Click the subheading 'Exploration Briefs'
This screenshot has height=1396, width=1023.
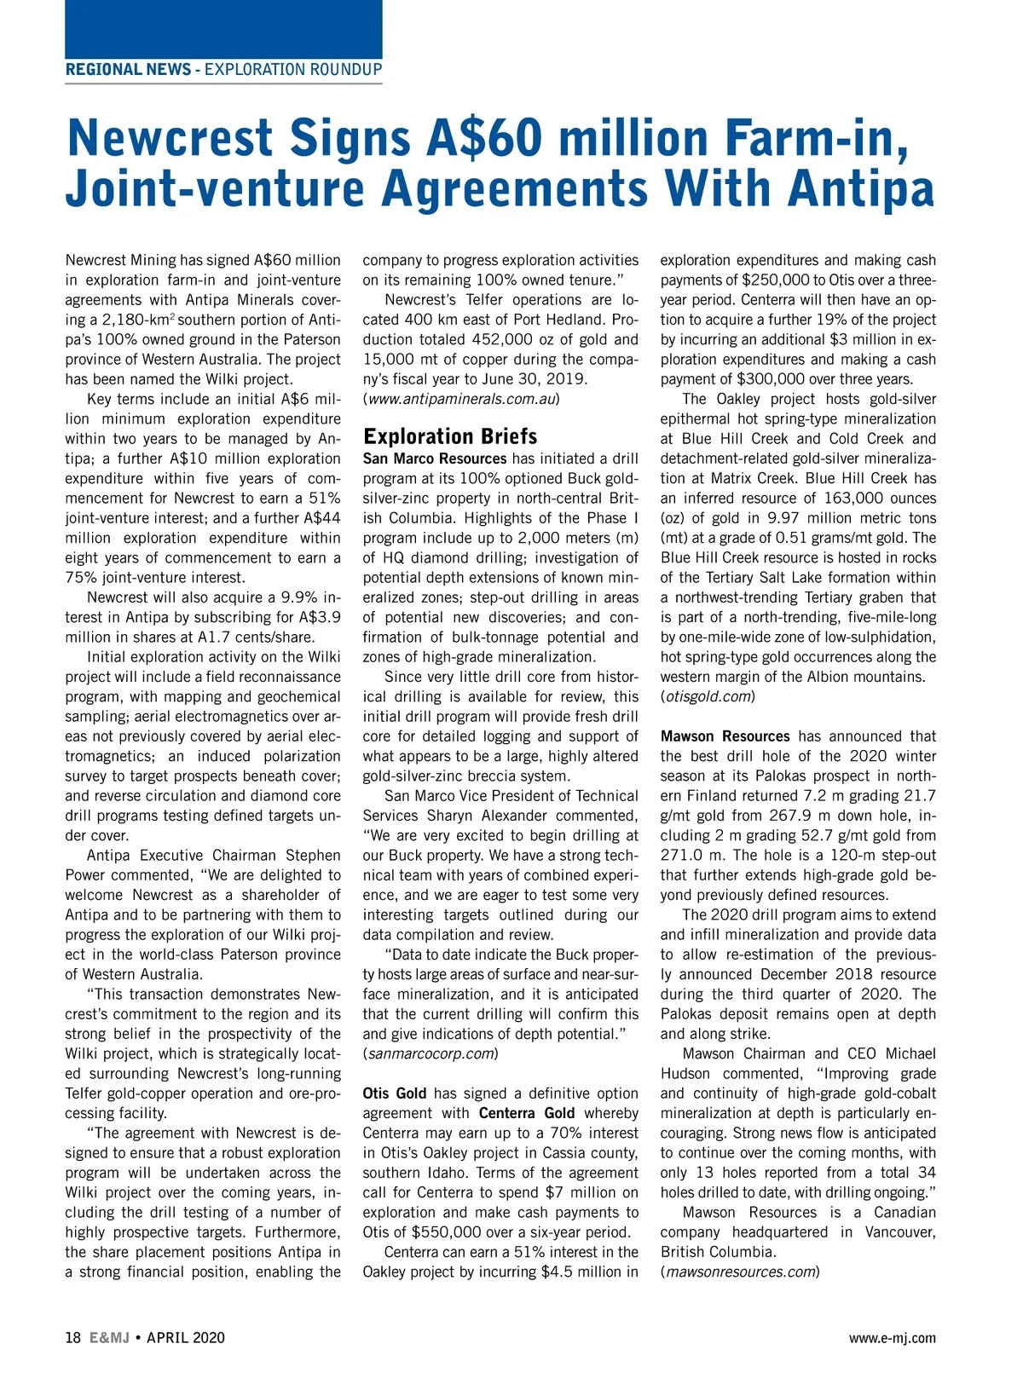[x=450, y=436]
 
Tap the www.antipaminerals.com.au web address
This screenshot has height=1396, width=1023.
[x=461, y=399]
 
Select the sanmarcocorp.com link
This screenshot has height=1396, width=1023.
[x=431, y=1053]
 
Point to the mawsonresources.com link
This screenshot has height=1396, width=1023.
[x=740, y=1272]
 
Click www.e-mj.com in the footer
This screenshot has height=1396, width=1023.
[x=892, y=1338]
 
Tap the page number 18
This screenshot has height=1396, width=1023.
[x=72, y=1338]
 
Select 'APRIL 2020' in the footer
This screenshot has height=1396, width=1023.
[x=186, y=1338]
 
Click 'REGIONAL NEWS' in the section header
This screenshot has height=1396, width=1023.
[x=128, y=70]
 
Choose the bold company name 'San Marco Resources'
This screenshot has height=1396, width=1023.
[x=435, y=459]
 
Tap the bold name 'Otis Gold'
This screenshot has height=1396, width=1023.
[x=394, y=1093]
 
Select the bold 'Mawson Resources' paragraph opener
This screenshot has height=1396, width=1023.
[x=725, y=736]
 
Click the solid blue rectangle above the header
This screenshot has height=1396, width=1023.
[x=223, y=29]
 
